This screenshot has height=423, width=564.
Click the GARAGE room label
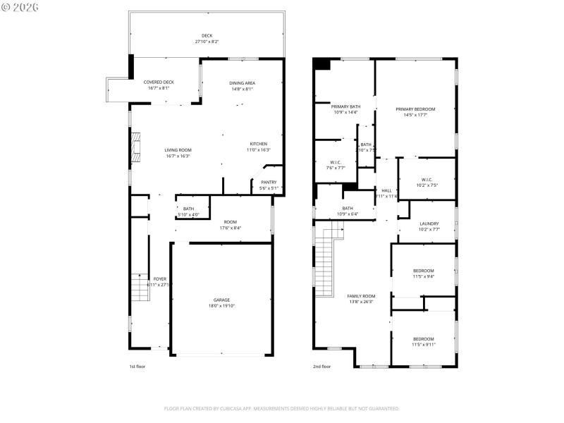[x=222, y=302]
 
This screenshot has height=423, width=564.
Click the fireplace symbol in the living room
[x=137, y=145]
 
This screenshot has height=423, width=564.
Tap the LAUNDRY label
[x=429, y=226]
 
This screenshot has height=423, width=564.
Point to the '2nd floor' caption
[x=322, y=367]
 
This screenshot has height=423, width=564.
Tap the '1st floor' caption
[x=137, y=367]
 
